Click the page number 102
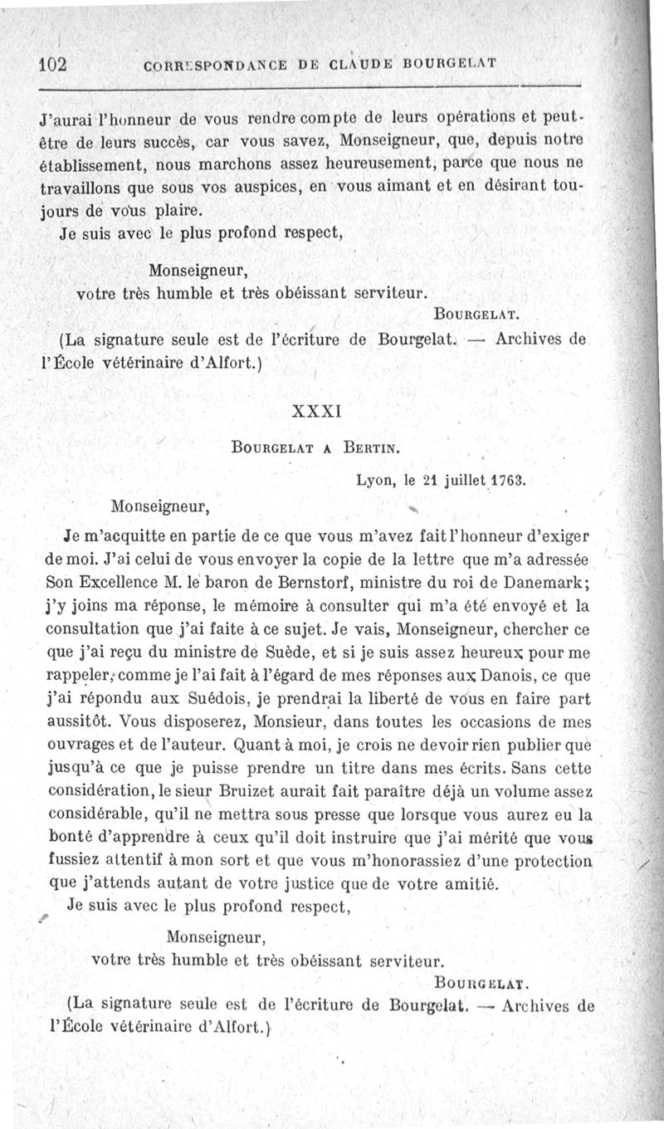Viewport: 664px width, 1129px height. click(x=52, y=65)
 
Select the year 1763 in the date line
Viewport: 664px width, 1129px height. click(x=507, y=480)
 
